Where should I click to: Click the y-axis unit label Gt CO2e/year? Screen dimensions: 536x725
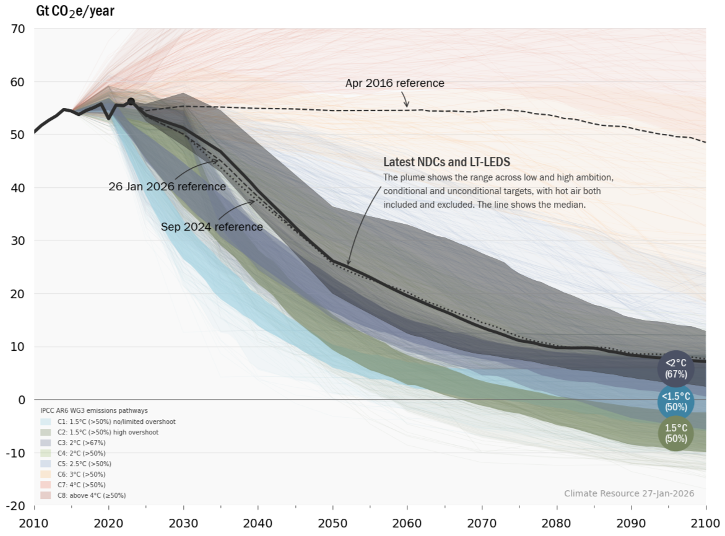click(x=75, y=11)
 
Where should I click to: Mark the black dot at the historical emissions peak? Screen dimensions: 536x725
click(x=131, y=102)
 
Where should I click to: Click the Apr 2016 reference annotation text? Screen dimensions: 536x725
click(x=395, y=83)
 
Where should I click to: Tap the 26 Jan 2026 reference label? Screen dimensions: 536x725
click(x=167, y=186)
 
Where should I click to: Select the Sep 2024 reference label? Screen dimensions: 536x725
click(x=212, y=227)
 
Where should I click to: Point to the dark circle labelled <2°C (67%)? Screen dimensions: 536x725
click(x=676, y=369)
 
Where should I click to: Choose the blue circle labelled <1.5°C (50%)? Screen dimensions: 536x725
click(x=676, y=402)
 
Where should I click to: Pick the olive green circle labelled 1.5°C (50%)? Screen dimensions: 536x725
click(x=676, y=433)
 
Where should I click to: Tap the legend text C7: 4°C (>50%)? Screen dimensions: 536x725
click(x=81, y=485)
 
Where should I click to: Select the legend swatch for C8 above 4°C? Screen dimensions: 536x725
click(x=45, y=495)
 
